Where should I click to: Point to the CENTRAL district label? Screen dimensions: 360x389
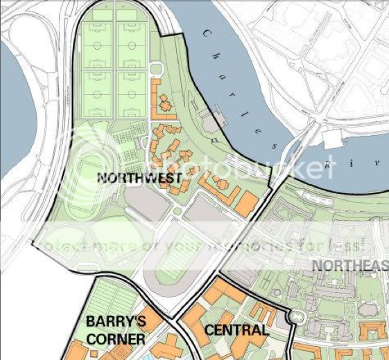(235, 331)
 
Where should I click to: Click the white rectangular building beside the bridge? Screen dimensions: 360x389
(335, 138)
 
